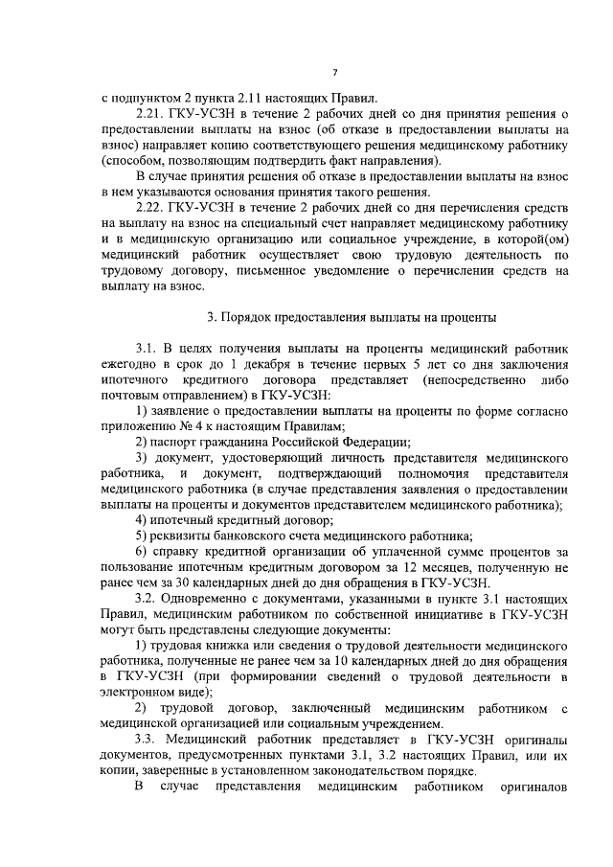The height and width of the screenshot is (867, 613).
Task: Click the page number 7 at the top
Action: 334,73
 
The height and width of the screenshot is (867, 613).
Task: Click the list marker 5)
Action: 141,535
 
